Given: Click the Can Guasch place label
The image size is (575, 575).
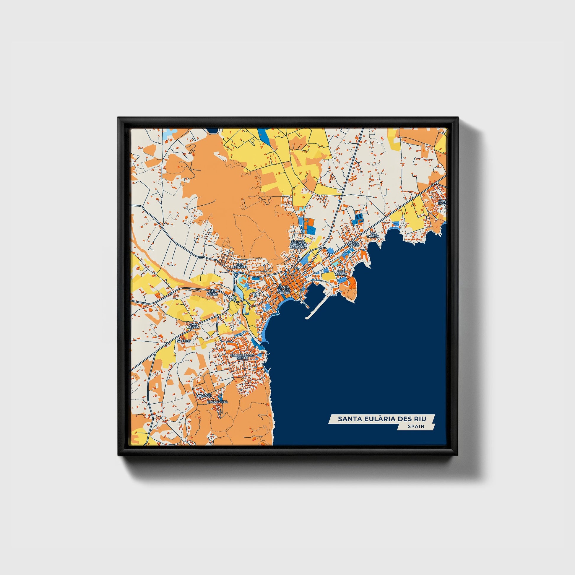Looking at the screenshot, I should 239,265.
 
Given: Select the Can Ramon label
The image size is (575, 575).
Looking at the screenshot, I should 193,326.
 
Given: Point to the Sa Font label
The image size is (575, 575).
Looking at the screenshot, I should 183,341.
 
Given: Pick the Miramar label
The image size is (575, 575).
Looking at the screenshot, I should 204,396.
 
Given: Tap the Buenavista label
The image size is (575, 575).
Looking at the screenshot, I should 217,402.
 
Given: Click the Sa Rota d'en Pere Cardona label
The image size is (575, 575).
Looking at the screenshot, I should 298,244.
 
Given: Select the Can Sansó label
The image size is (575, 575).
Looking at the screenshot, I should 354,243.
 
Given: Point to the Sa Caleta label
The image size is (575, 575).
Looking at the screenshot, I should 373,235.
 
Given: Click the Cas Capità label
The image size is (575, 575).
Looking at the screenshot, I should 341,273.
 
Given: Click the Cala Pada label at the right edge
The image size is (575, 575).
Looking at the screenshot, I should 443,202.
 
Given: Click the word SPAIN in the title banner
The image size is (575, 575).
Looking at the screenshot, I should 416,426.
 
